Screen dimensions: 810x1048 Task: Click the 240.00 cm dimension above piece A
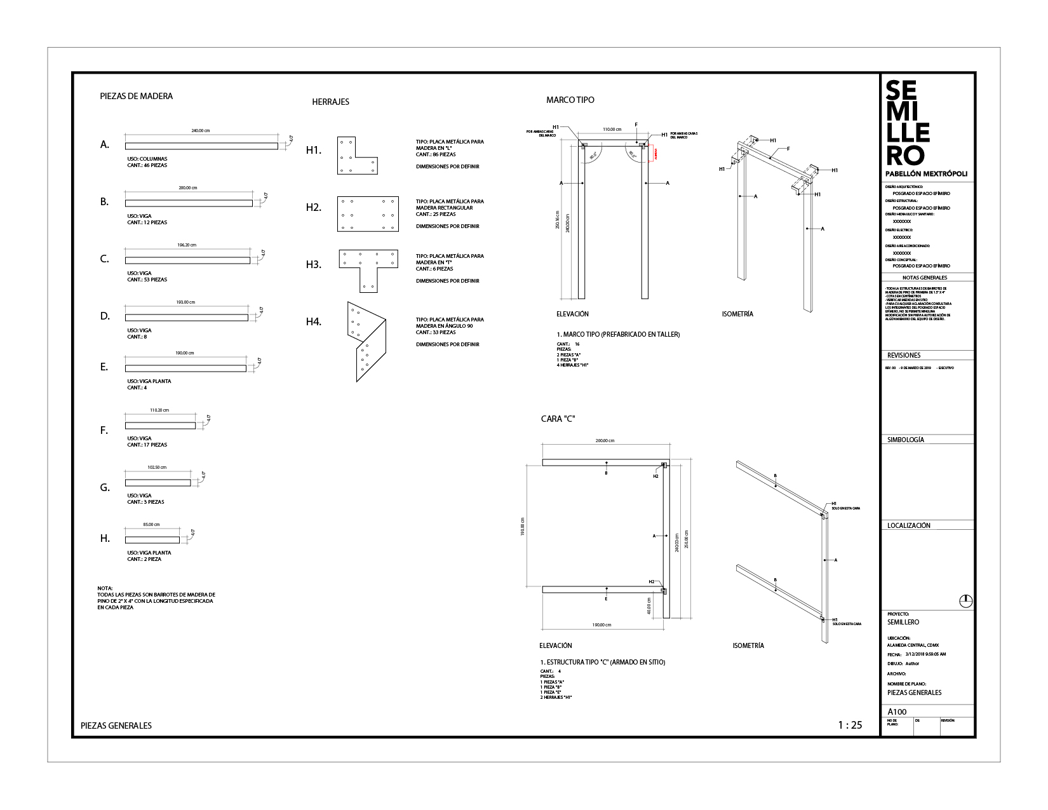(x=201, y=131)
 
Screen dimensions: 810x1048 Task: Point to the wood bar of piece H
(x=152, y=540)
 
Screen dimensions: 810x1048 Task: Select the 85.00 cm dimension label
(x=151, y=525)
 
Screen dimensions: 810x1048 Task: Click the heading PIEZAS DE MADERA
(x=137, y=97)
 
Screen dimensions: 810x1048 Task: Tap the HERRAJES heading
(x=330, y=102)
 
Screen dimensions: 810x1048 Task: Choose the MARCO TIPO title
(x=570, y=100)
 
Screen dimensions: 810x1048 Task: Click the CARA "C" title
(x=558, y=419)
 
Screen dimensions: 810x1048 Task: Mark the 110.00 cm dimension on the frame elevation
(x=612, y=130)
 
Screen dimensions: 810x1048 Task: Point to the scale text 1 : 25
(x=850, y=725)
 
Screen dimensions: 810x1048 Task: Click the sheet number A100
(x=896, y=712)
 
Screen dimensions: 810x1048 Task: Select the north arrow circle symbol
(x=965, y=600)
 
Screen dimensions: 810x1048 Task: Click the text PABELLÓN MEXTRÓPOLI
(x=926, y=173)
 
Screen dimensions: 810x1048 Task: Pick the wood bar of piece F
(x=160, y=426)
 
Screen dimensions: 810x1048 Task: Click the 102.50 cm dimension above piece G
(x=157, y=468)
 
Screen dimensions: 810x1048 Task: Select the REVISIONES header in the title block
(x=904, y=356)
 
